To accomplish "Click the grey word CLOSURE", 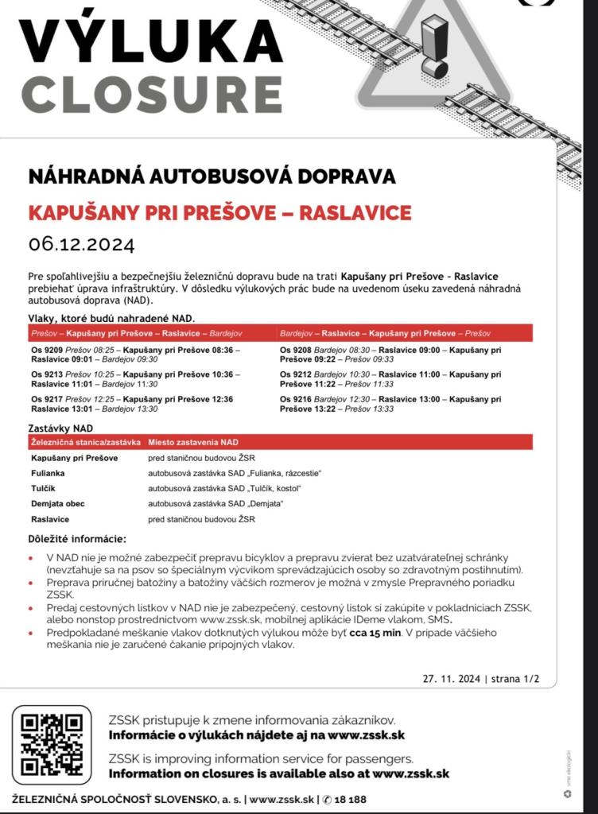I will tap(151, 93).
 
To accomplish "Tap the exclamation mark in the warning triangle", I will tap(434, 48).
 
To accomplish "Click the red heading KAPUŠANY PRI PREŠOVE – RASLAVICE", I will tap(219, 213).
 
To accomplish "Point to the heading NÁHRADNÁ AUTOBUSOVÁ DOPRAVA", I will tap(212, 176).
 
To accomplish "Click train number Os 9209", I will tap(48, 349).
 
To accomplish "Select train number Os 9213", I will tap(48, 374).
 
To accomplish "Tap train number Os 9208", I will tap(297, 349).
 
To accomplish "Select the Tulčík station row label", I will tap(45, 488).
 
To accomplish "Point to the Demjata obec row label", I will tap(58, 503).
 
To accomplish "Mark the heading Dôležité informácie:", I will tap(76, 540).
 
